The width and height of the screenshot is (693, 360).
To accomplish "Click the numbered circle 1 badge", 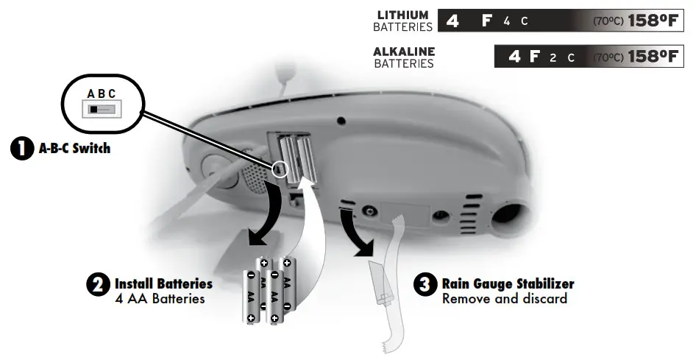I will [x=22, y=148].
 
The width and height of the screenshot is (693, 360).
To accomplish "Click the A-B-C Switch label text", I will [x=74, y=148].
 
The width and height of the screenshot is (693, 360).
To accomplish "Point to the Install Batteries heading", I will [x=163, y=283].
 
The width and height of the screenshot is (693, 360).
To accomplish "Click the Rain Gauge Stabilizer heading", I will [x=508, y=283].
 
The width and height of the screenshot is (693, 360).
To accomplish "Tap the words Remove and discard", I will [x=504, y=299].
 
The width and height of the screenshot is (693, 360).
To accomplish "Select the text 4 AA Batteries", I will [x=160, y=299].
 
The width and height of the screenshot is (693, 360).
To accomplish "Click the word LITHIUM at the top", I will [x=402, y=15].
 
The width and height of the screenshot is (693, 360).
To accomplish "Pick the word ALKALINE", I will [x=404, y=52].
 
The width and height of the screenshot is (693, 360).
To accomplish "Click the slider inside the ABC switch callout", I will [x=102, y=110].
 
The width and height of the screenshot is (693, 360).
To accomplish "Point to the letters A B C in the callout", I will [x=102, y=94].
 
